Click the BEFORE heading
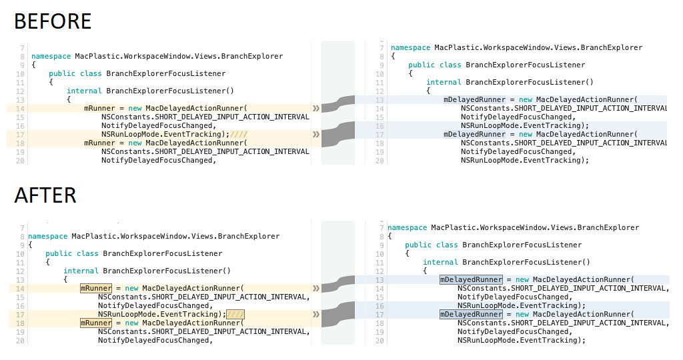point(52,21)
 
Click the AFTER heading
point(45,195)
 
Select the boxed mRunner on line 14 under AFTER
point(96,288)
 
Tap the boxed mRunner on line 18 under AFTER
point(96,323)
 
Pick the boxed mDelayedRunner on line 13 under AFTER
point(471,279)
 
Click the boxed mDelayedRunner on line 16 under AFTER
point(471,314)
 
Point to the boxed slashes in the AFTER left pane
point(235,314)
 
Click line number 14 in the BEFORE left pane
point(20,108)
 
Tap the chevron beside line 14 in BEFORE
point(315,107)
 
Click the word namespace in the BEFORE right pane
point(410,48)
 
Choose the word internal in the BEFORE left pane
point(84,91)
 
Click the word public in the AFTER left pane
point(59,253)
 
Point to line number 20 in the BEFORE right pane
point(380,160)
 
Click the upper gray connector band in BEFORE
point(337,103)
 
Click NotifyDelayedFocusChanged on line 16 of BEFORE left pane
point(159,125)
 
